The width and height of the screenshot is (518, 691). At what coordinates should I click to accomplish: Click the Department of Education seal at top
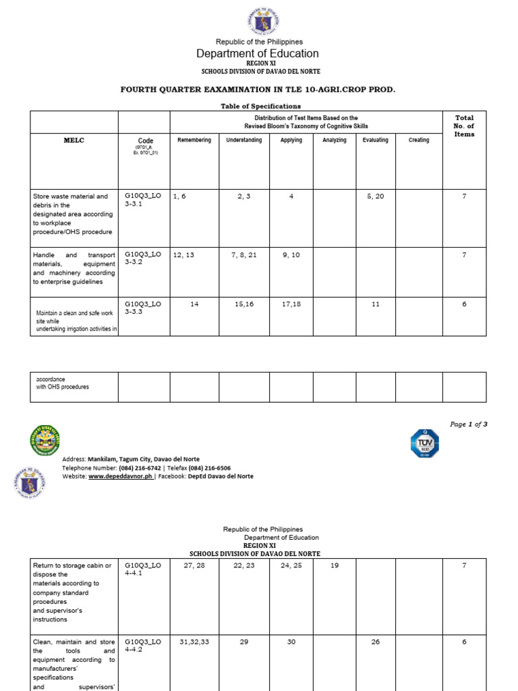coord(259,20)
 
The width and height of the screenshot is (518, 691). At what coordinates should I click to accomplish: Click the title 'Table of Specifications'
coord(260,106)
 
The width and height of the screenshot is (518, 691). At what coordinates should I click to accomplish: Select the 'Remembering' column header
coord(194,140)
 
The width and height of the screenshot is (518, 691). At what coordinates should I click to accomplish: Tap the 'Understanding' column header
coord(243,140)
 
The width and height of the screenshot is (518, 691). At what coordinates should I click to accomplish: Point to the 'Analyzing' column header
coord(335,140)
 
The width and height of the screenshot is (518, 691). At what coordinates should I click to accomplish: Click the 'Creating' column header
coord(419,140)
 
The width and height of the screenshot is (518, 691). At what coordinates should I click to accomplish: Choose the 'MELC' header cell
coord(74,140)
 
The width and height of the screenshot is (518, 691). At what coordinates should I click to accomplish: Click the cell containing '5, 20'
coord(376,196)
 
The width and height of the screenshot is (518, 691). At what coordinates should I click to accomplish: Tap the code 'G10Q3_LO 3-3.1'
coord(143,199)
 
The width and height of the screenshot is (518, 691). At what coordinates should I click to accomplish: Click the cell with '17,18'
coord(291,304)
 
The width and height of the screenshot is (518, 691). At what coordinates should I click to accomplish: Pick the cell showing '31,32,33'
coord(194,642)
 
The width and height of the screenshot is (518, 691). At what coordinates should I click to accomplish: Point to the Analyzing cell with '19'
coord(335,565)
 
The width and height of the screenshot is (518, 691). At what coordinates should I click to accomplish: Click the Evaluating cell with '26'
coord(376,642)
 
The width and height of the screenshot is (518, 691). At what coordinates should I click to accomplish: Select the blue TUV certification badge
coord(425,443)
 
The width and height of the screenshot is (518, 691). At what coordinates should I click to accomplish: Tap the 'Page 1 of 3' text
coord(468,424)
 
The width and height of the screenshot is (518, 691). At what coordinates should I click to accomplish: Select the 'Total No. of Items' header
coord(464,126)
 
